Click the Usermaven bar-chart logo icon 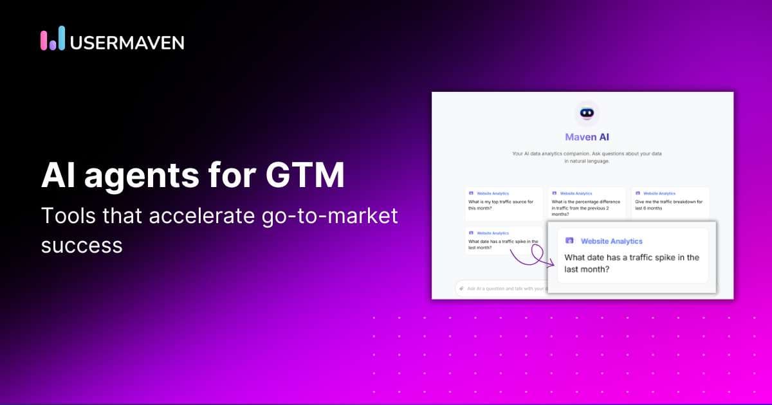(52, 39)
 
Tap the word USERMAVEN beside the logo (127, 42)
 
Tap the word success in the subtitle (82, 244)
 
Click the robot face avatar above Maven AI (586, 113)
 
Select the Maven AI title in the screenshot (586, 136)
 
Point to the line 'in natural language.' (586, 162)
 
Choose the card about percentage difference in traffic (586, 203)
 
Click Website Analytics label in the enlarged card (611, 241)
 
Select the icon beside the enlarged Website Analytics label (569, 240)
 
